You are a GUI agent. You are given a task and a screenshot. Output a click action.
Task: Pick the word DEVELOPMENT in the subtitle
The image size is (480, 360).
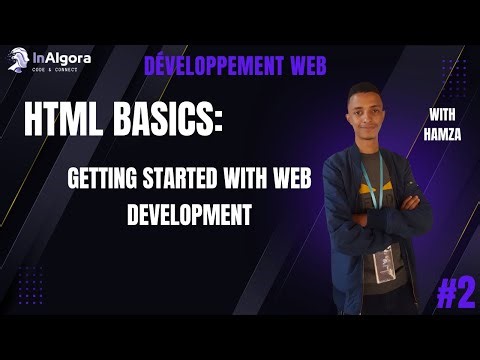pyautogui.click(x=188, y=214)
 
